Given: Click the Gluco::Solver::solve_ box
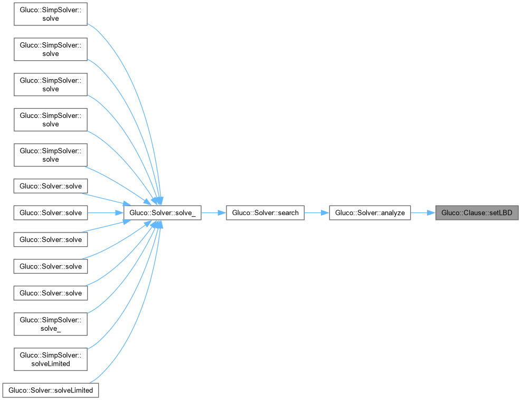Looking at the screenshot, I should [x=162, y=213].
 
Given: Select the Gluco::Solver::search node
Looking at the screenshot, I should [x=265, y=213].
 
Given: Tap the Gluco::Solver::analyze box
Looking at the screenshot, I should [x=370, y=213].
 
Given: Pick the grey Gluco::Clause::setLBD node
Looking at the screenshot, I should [x=477, y=213].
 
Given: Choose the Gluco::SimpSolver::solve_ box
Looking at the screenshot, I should [x=51, y=323].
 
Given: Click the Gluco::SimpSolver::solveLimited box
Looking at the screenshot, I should [x=51, y=359].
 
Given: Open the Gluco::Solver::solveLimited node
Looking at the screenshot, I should [x=51, y=390].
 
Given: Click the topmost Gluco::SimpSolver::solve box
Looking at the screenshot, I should [x=51, y=14].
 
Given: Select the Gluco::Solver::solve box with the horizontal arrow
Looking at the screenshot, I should [x=51, y=213].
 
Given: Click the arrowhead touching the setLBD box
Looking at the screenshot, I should [x=431, y=213].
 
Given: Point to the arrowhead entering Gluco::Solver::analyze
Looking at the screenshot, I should [x=325, y=213].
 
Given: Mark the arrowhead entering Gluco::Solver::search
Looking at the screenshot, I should [x=222, y=213].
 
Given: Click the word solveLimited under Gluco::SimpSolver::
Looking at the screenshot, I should [x=51, y=364].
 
